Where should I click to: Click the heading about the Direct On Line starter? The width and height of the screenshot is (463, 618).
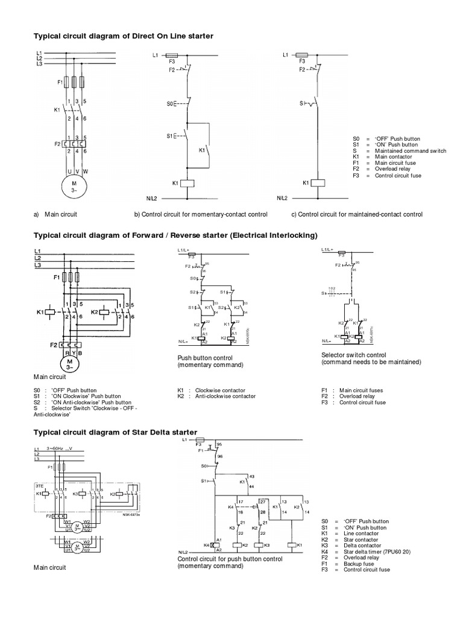[x=123, y=37]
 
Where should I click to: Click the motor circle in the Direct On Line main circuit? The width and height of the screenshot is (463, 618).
[x=75, y=187]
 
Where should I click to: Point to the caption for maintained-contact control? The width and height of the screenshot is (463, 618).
[x=356, y=214]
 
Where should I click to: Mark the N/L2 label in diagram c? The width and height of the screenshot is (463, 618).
[x=282, y=198]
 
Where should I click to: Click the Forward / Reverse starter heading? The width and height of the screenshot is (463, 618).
[x=175, y=234]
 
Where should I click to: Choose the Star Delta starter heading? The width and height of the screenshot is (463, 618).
[x=115, y=432]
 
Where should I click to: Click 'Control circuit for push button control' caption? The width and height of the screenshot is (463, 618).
[x=230, y=559]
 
